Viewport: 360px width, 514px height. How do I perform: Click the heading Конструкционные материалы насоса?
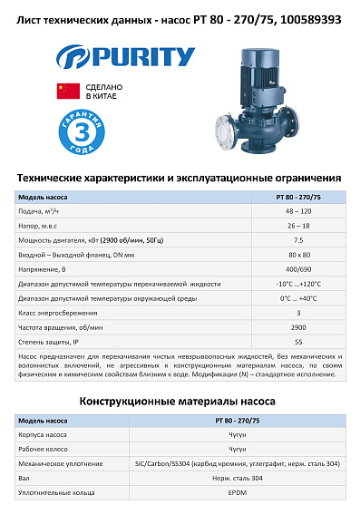[x=180, y=400]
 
